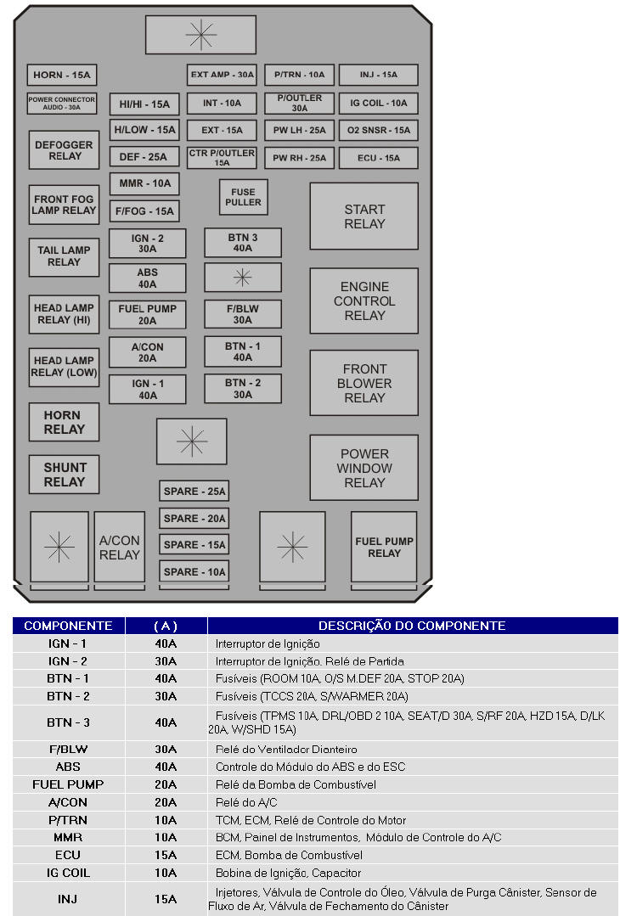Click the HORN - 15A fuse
click(x=62, y=75)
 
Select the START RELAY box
click(x=364, y=216)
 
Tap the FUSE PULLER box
click(x=244, y=197)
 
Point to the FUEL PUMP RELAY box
click(x=384, y=547)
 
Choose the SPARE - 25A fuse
click(x=194, y=492)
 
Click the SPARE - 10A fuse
click(x=194, y=572)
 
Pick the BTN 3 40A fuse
click(x=242, y=243)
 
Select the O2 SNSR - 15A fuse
click(x=378, y=131)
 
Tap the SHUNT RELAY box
click(x=65, y=475)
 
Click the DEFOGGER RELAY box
click(x=65, y=150)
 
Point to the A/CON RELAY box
click(x=119, y=548)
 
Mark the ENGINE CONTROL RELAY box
click(x=364, y=301)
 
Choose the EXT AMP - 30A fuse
click(x=222, y=75)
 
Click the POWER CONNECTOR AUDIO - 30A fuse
click(x=62, y=104)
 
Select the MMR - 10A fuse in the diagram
click(x=144, y=183)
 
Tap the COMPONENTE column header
click(x=68, y=626)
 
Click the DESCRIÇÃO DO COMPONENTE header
click(x=412, y=626)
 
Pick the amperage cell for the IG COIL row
click(x=166, y=873)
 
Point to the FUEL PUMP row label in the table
click(x=68, y=784)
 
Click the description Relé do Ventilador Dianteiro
click(x=286, y=750)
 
